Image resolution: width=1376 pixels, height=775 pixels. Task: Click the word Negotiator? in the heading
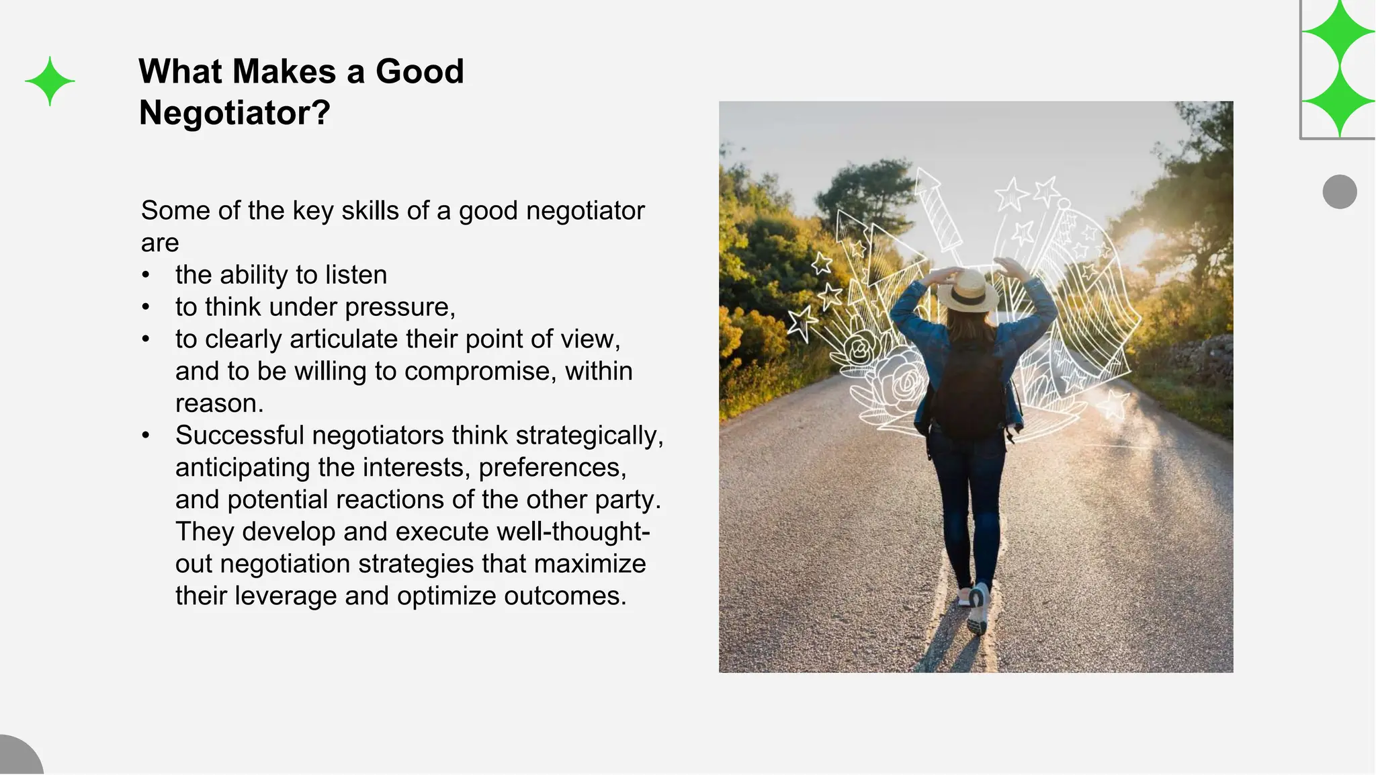[x=234, y=112]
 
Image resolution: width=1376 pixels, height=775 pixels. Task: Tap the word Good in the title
[x=419, y=71]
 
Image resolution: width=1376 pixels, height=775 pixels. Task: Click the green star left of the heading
[x=50, y=81]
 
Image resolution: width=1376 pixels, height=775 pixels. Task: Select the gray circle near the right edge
[x=1339, y=192]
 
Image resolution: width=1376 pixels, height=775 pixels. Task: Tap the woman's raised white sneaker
[x=978, y=608]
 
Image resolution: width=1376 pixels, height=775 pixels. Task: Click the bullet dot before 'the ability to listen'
[x=146, y=275]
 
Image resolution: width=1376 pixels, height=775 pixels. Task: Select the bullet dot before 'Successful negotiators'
[x=146, y=436]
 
